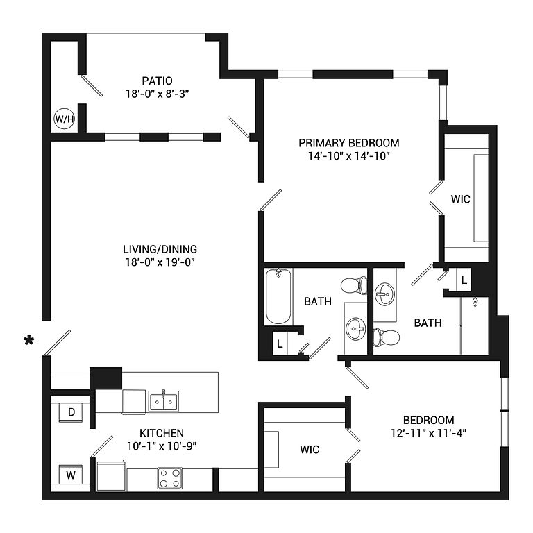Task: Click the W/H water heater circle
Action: (64, 119)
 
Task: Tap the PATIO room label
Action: (157, 81)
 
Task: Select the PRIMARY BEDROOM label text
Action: (348, 143)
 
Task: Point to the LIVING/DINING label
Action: (160, 249)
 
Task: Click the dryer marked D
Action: (71, 412)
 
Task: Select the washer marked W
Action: (71, 475)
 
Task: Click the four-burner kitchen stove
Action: (169, 477)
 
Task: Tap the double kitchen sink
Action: (164, 401)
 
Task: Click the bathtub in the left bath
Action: (278, 296)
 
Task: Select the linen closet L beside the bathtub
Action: (279, 344)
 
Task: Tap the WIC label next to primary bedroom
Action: (461, 199)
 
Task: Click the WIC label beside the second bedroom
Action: (310, 450)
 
